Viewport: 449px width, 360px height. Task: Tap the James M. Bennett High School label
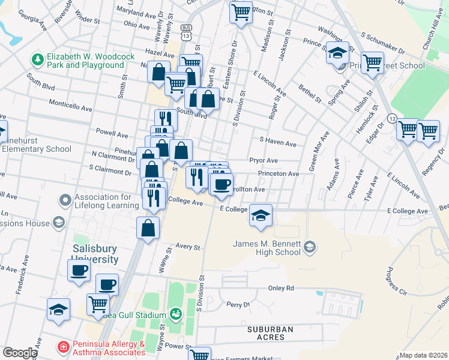pyautogui.click(x=267, y=247)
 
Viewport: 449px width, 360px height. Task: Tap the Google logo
pyautogui.click(x=20, y=353)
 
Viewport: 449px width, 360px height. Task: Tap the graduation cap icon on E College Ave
pyautogui.click(x=261, y=216)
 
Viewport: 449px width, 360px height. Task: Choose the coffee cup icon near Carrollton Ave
pyautogui.click(x=221, y=183)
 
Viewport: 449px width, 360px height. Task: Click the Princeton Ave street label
pyautogui.click(x=279, y=174)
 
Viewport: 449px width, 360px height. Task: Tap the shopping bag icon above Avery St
pyautogui.click(x=148, y=228)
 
